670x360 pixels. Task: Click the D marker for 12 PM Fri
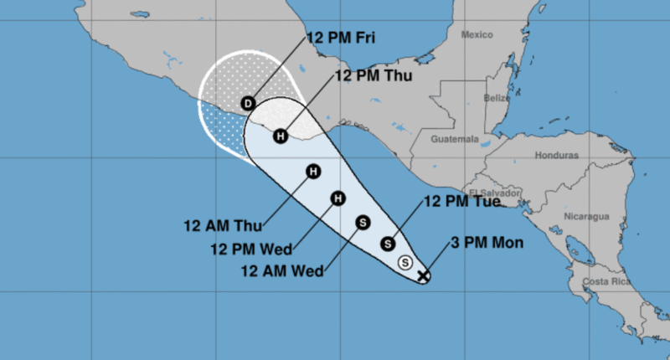click(248, 103)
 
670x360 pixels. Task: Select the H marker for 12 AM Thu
click(313, 172)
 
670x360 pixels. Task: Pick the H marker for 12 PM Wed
click(338, 198)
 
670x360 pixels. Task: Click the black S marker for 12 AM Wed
click(363, 222)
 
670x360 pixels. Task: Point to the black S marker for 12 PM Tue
click(388, 244)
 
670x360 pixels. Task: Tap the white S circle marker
click(406, 261)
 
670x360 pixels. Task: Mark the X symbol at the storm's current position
click(424, 274)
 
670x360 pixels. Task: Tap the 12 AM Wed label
click(279, 270)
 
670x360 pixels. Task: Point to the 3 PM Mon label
click(487, 244)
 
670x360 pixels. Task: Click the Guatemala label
click(456, 139)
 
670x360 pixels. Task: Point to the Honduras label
click(557, 156)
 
